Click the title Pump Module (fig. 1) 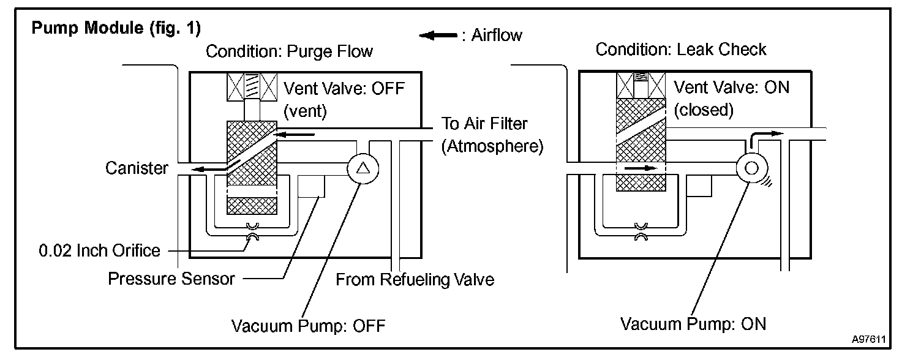tap(116, 29)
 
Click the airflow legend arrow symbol tap(437, 36)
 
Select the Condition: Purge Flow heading tap(289, 51)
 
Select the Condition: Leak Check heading tap(680, 49)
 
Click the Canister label tap(137, 168)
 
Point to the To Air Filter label tap(485, 124)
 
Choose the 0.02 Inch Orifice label tap(99, 250)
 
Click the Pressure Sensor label tap(171, 279)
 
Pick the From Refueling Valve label tap(415, 280)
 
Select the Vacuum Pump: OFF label tap(308, 326)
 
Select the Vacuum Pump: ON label tap(693, 323)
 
